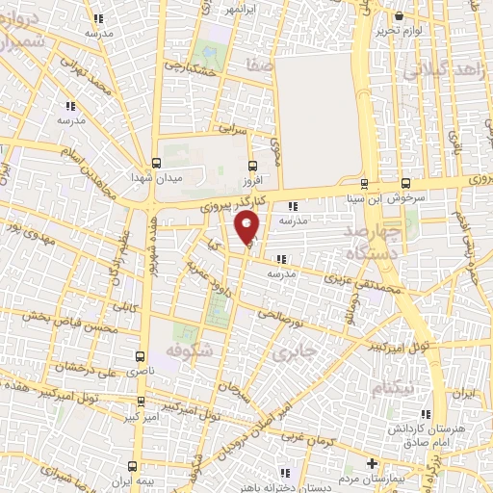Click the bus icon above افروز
pyautogui.click(x=251, y=165)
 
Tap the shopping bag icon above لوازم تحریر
pyautogui.click(x=400, y=14)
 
